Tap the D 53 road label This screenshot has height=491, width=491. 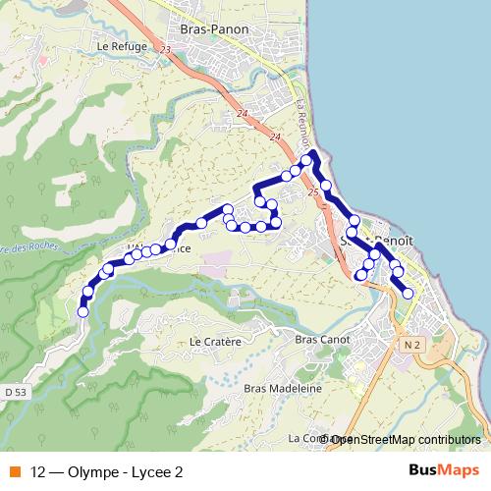[15, 393]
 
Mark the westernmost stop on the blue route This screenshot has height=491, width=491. [82, 311]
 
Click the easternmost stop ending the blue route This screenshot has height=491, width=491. [408, 293]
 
